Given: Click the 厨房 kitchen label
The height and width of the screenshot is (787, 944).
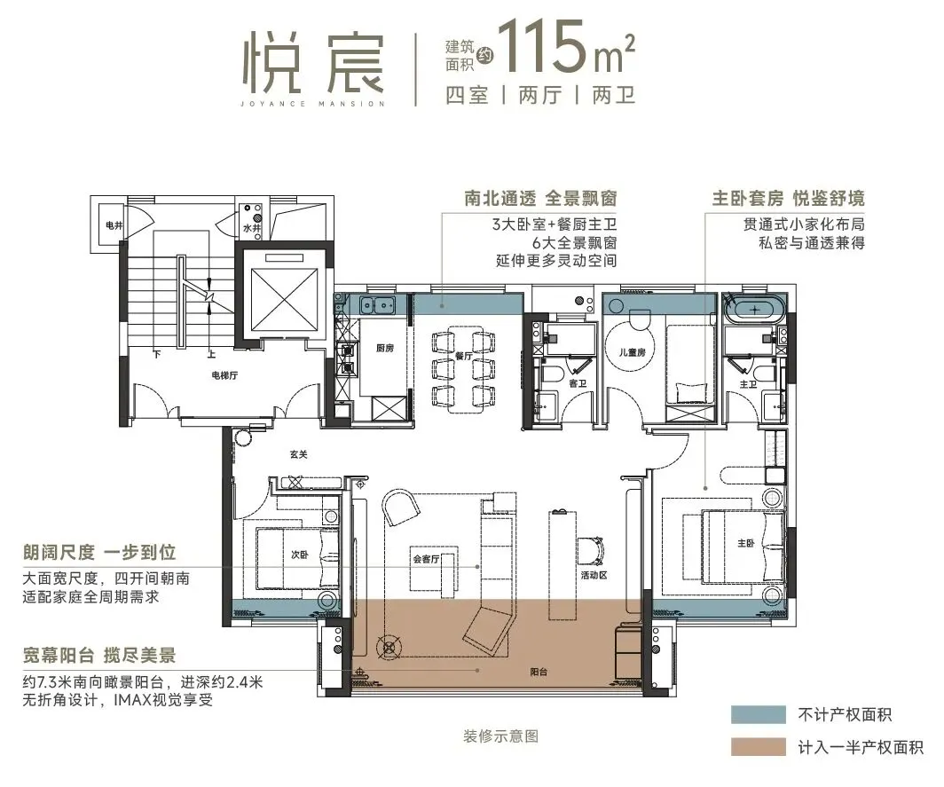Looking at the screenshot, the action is point(385,348).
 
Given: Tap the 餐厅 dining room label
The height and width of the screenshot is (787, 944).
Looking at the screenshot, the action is point(463,356).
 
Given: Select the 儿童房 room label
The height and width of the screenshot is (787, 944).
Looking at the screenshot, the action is point(633,351).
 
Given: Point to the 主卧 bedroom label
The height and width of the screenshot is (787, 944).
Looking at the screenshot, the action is point(746,543).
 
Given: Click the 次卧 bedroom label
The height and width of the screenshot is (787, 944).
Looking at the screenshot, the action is point(299,555).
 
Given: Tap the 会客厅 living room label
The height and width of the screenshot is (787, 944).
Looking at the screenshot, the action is point(426,559).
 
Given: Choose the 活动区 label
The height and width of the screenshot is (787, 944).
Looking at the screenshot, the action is point(594,575).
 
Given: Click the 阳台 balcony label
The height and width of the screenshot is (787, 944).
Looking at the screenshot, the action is point(539,672).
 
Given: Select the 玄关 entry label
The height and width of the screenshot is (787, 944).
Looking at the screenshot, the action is point(299,454).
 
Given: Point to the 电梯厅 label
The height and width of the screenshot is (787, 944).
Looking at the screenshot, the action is point(224,375).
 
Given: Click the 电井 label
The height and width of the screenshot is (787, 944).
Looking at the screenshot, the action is point(114,225).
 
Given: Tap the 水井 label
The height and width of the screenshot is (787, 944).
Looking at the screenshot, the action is point(252,229).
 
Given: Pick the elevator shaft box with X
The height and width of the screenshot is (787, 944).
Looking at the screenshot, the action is point(284,299).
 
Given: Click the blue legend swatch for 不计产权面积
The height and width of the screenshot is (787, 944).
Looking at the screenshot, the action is point(759,715).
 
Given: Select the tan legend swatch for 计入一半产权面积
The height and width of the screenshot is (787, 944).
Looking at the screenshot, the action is point(759,747).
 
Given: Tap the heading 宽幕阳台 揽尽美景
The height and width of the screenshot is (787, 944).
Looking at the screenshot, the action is point(99,655).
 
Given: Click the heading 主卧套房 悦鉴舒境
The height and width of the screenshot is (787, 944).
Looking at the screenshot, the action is point(788,198).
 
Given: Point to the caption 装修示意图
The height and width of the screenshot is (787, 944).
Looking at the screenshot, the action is point(501,736).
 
